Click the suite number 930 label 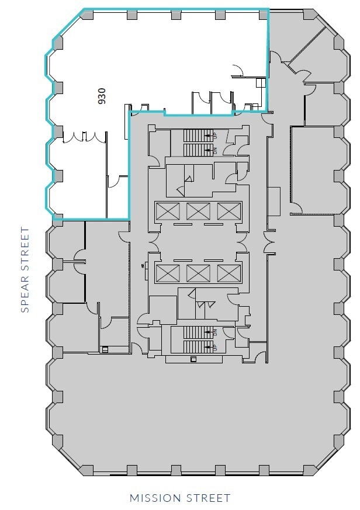coord(102,96)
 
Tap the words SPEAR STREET coord(25,270)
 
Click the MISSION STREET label coord(180,498)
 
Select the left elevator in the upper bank coord(165,211)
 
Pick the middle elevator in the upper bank coord(198,211)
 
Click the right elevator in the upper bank coord(229,211)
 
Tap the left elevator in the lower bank coord(165,273)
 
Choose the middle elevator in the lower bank coord(198,273)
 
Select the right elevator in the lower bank coord(229,273)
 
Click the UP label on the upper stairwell coord(215,136)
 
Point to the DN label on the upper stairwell coord(215,150)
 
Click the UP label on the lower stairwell coord(215,347)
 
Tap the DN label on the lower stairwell coord(215,333)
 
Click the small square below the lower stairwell coord(192,359)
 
